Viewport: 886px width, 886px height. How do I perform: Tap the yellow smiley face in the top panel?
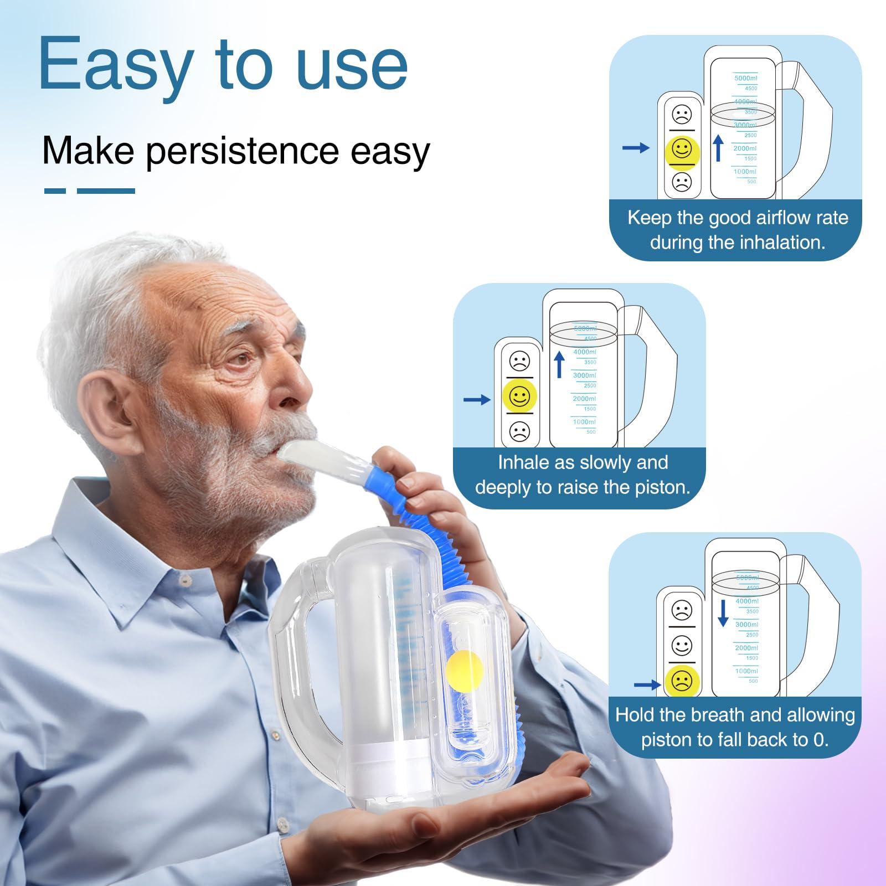tap(682, 150)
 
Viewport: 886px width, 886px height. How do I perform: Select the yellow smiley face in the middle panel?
tap(519, 395)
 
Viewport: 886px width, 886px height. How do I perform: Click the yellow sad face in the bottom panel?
tap(682, 681)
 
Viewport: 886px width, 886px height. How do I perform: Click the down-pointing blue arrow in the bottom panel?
tap(723, 612)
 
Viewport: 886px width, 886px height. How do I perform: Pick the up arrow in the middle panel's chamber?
tap(559, 364)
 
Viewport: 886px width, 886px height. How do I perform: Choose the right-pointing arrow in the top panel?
tap(636, 148)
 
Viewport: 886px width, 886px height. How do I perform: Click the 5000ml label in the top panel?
tap(745, 79)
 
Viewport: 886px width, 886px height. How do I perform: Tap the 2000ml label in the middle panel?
tap(584, 399)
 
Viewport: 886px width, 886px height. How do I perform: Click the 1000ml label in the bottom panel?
tap(746, 671)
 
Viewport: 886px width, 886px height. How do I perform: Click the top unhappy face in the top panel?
tap(682, 115)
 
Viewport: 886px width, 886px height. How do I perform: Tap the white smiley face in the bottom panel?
tap(682, 645)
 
